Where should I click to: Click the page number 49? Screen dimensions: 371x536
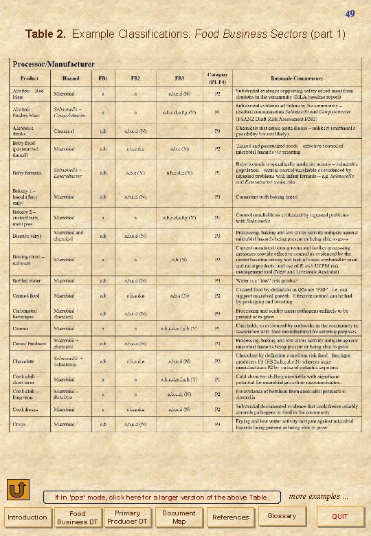coord(350,14)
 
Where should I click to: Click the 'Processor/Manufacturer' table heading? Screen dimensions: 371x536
coord(52,64)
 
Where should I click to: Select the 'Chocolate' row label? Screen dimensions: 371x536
coord(25,360)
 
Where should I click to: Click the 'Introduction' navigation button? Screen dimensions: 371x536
coord(27,517)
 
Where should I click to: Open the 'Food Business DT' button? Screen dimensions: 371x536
coord(77,517)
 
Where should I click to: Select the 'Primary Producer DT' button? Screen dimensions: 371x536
coord(127,517)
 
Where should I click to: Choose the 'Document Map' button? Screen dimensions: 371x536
coord(178,517)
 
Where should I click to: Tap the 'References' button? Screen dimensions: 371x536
coord(231,517)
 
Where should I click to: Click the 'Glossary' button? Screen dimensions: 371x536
coord(282,516)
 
